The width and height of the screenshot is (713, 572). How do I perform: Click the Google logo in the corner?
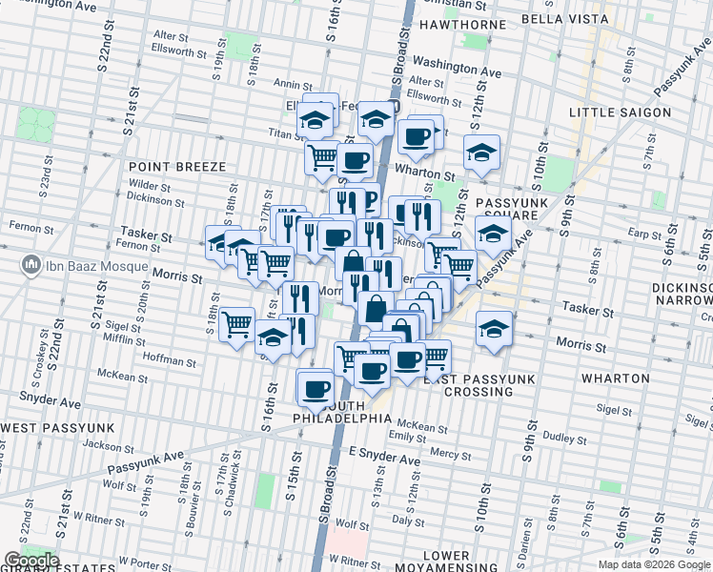(31, 561)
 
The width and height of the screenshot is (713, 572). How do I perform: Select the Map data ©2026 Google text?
(654, 564)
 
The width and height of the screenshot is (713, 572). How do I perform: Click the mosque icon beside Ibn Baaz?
(31, 263)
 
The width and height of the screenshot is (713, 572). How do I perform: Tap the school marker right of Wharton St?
(482, 152)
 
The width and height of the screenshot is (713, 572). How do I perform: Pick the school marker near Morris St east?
(492, 329)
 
